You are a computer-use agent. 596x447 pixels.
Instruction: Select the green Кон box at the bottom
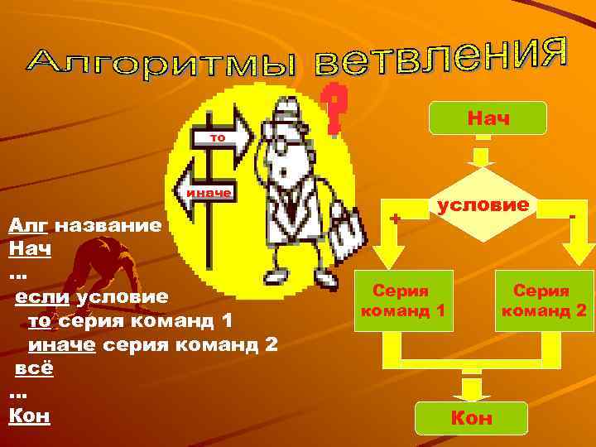tap(470, 416)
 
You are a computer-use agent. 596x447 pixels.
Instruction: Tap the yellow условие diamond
tap(483, 204)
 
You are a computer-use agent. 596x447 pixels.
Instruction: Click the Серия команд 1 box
tap(401, 300)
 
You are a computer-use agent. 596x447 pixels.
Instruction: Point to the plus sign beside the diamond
tap(396, 219)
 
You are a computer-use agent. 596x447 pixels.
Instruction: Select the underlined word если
tap(42, 296)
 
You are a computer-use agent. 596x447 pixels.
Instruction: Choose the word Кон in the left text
tap(29, 416)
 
